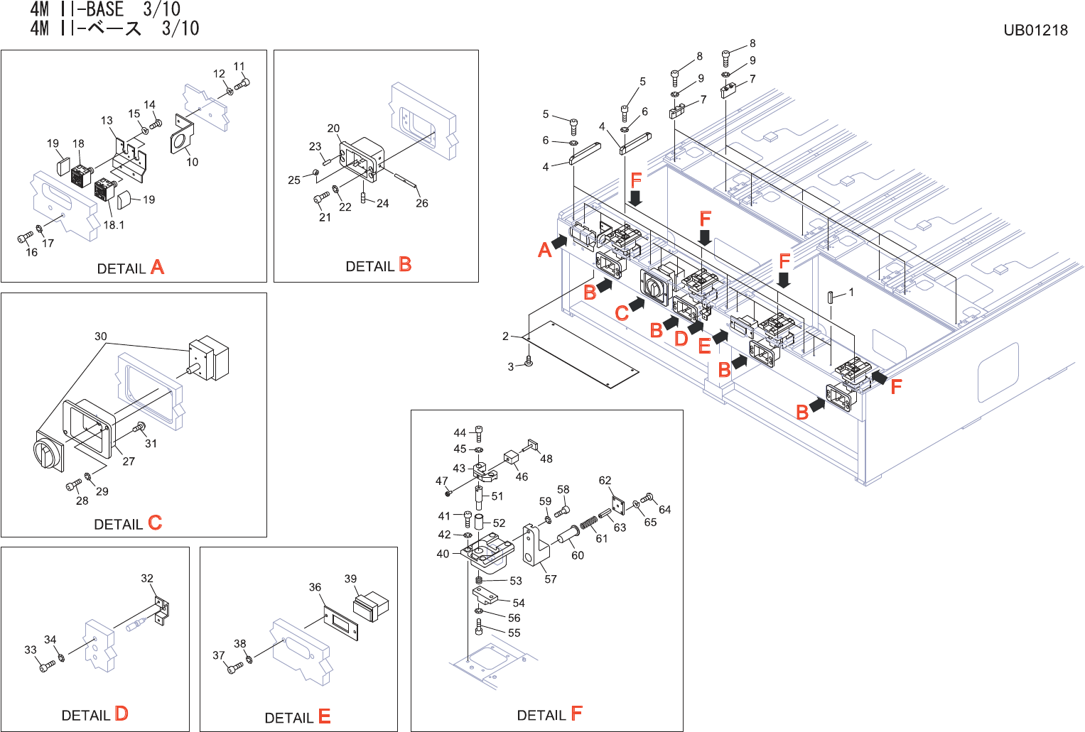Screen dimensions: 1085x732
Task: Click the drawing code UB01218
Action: click(x=1035, y=30)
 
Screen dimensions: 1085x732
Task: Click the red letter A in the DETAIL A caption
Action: click(x=158, y=267)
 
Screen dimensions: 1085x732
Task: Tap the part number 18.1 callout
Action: click(x=114, y=225)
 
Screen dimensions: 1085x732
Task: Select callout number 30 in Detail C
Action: click(x=101, y=337)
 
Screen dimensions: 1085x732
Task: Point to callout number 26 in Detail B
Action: click(x=422, y=203)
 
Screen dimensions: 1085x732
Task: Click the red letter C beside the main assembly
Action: click(x=622, y=313)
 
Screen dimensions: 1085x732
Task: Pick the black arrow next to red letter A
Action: click(x=559, y=241)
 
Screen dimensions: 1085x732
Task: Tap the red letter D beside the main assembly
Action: click(x=681, y=339)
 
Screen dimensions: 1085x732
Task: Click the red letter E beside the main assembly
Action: click(x=705, y=346)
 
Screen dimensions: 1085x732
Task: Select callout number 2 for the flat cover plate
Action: click(x=506, y=336)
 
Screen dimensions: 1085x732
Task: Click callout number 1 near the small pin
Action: click(x=851, y=292)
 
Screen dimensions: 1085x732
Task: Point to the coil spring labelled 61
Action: click(x=588, y=523)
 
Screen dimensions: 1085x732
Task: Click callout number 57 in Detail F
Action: click(x=551, y=579)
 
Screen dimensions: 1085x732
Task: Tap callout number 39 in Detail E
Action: click(x=351, y=579)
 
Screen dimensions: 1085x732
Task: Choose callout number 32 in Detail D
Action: click(x=147, y=579)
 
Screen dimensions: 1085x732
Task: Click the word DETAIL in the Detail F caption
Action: click(x=541, y=715)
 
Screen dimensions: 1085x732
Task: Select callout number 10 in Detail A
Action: click(x=193, y=162)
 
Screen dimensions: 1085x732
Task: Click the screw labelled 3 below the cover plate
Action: click(x=529, y=361)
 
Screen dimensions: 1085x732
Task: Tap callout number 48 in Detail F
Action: click(x=546, y=459)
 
